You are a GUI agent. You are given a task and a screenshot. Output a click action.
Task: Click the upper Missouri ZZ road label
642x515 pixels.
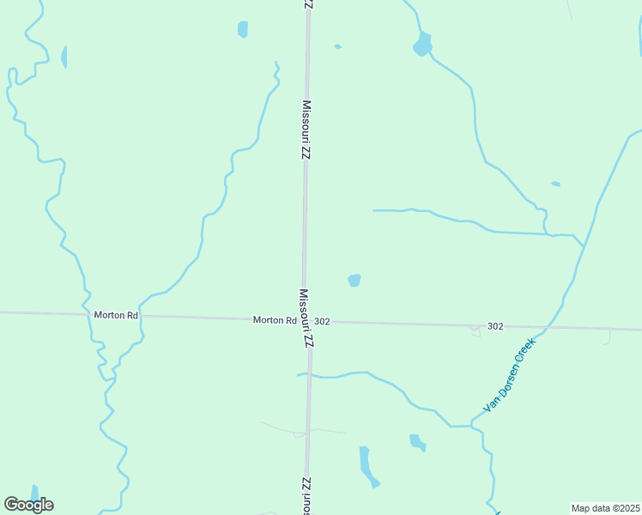coord(306,130)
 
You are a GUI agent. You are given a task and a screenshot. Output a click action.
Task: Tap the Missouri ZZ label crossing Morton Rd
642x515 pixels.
coord(306,318)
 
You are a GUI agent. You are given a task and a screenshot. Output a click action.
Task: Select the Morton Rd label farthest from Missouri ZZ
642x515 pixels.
coord(116,315)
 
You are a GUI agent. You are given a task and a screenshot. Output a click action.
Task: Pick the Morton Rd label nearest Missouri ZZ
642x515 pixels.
coord(275,320)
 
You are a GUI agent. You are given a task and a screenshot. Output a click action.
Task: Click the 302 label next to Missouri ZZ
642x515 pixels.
coord(323,321)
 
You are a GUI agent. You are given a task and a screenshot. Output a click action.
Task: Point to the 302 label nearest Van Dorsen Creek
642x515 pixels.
coord(494,326)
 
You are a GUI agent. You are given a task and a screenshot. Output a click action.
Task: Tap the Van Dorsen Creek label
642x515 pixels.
coord(510,374)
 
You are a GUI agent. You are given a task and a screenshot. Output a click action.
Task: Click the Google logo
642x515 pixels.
coord(29,505)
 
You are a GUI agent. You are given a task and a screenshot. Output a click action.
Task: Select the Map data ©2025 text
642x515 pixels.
coord(606,508)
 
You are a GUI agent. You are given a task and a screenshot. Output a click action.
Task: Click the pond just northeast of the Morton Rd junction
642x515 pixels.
coord(354,280)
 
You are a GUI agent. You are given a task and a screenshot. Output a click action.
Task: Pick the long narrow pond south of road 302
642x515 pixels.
coord(367,466)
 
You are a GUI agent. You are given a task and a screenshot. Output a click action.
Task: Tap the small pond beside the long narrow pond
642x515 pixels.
coord(417,442)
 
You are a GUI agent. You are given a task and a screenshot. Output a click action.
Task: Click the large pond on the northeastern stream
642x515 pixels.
coord(422,44)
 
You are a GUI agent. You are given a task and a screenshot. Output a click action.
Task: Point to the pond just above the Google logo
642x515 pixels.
coord(34,492)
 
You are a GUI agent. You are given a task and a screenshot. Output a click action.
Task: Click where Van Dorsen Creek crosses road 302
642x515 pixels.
coord(542,328)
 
